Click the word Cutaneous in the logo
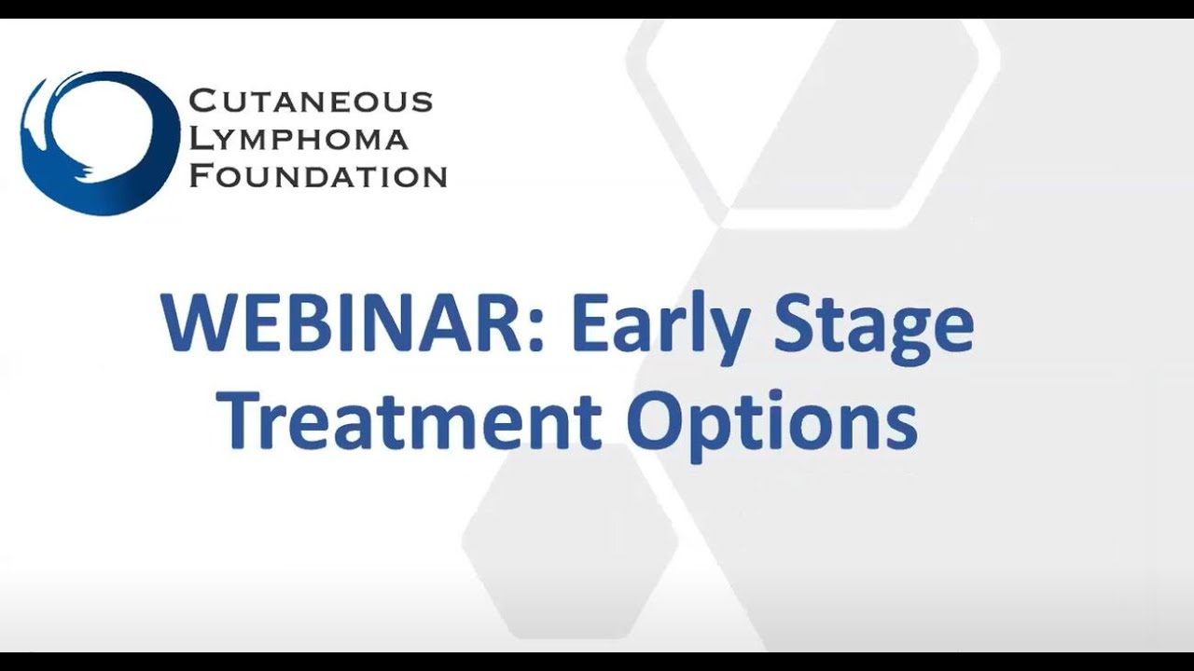pyautogui.click(x=311, y=102)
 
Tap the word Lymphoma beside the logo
pyautogui.click(x=299, y=139)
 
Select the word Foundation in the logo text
pyautogui.click(x=318, y=176)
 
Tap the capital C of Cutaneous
pyautogui.click(x=201, y=102)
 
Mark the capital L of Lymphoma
pyautogui.click(x=201, y=139)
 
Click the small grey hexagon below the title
pyautogui.click(x=570, y=541)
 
